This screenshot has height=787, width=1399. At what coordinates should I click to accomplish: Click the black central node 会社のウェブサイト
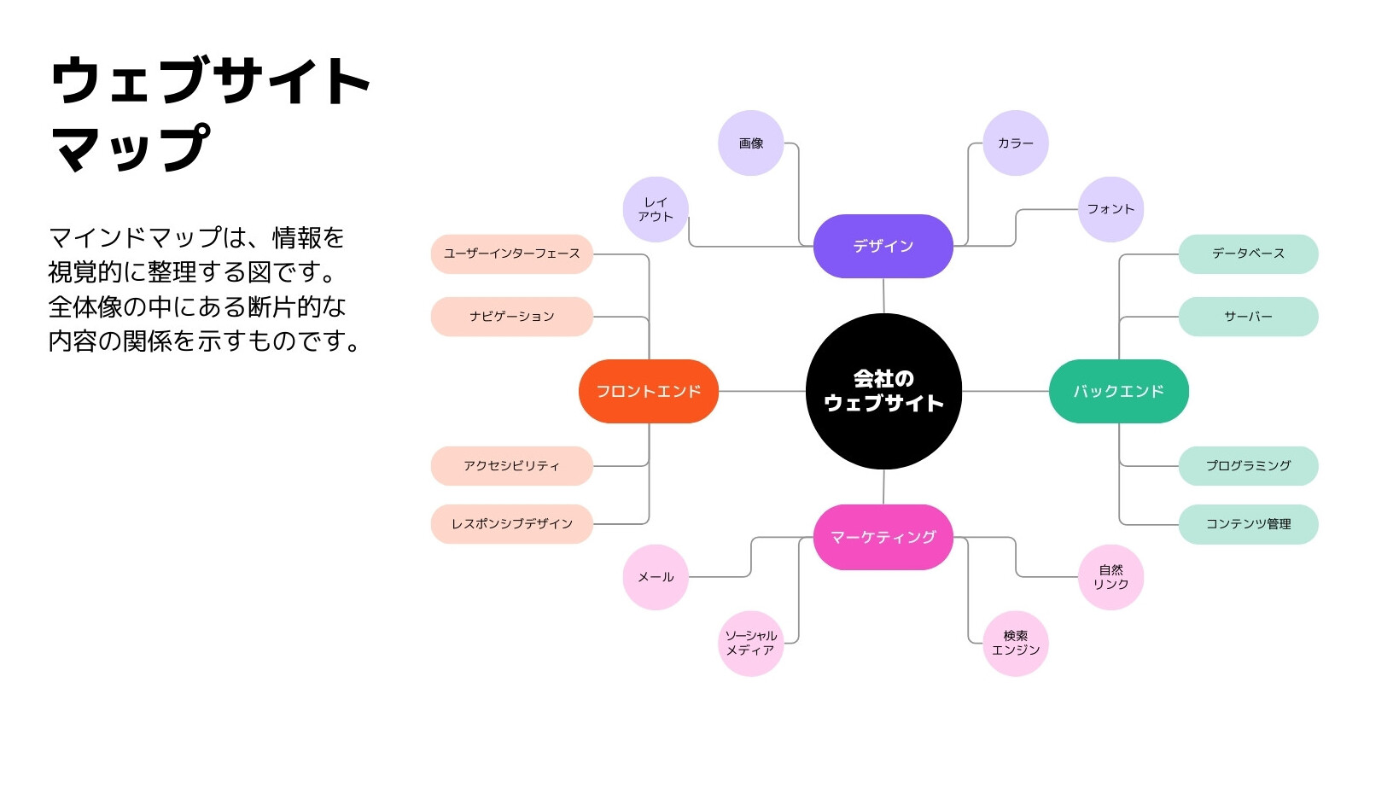(x=883, y=392)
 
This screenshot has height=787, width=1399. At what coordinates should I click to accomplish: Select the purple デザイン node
(x=883, y=246)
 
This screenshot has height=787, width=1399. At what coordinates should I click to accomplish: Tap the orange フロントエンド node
(x=649, y=392)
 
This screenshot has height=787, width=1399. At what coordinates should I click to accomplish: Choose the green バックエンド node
(x=1118, y=392)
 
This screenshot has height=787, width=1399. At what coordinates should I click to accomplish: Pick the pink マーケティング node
(x=883, y=537)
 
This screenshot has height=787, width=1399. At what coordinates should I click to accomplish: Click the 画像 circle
(x=750, y=143)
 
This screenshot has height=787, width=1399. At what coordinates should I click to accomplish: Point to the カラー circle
(x=1016, y=143)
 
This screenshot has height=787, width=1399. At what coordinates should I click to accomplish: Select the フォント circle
(x=1110, y=209)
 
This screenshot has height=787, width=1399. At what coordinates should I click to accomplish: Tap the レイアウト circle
(x=656, y=209)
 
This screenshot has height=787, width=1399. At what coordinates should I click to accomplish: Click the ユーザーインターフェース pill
(x=511, y=254)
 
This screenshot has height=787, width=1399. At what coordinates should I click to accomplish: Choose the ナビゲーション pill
(x=511, y=317)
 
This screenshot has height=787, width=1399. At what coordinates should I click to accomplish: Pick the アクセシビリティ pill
(x=511, y=466)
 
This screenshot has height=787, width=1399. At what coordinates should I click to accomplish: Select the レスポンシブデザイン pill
(x=511, y=524)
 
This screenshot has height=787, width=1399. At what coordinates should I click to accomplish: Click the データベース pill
(x=1249, y=254)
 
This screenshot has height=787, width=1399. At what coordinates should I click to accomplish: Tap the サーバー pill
(x=1249, y=317)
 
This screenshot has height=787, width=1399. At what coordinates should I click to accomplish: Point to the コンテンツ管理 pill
(x=1249, y=524)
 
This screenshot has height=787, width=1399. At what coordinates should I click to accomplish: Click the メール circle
(x=656, y=577)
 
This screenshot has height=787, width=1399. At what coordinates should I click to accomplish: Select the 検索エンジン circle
(x=1016, y=644)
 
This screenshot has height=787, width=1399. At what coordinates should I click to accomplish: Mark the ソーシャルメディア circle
(x=750, y=644)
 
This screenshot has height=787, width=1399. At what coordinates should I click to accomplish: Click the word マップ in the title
(x=130, y=148)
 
